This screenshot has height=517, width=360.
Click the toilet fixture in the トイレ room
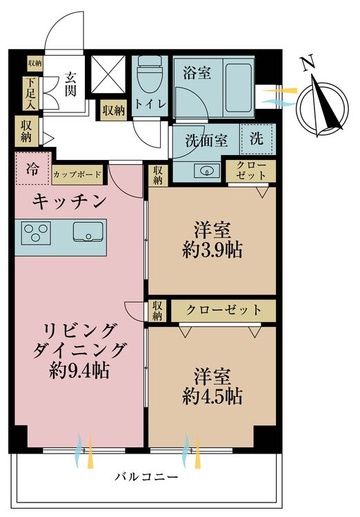coord(150,74)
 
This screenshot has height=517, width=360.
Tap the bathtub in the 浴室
coord(238,88)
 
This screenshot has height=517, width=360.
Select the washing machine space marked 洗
coord(257,139)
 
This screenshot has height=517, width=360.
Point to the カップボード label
coord(77,174)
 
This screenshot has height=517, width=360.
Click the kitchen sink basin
coord(88,232)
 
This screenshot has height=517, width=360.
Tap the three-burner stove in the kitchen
coord(36,233)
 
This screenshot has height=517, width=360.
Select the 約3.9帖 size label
coord(212,250)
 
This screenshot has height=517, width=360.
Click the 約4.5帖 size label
coord(212,396)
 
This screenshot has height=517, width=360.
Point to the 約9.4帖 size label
coord(79,371)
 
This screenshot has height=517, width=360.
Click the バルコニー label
coord(146,477)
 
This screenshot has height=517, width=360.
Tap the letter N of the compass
coord(308,63)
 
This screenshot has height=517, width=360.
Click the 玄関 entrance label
coord(70,83)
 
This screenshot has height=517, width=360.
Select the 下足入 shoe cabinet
coord(30,94)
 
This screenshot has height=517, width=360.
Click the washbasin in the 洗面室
coord(207,171)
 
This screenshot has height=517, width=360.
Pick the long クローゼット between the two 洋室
coord(223,310)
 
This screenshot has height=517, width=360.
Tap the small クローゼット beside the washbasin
coord(251,170)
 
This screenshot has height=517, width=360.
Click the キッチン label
coord(70,201)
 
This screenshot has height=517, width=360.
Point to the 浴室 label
coord(197,72)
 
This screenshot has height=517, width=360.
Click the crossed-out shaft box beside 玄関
coord(108,74)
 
